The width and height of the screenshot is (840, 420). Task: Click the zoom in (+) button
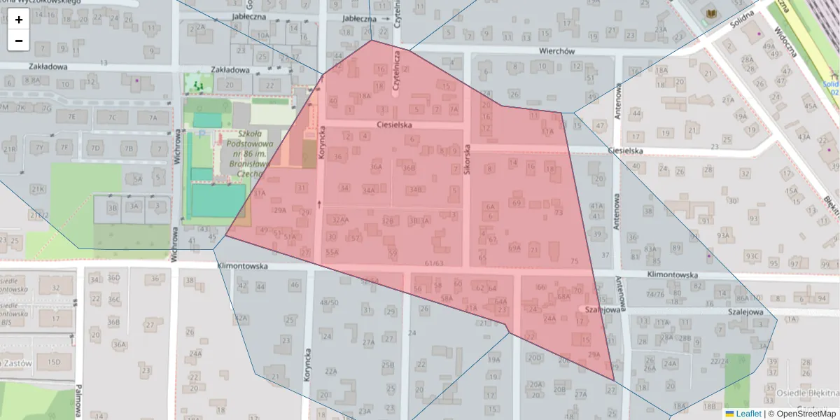click(19, 20)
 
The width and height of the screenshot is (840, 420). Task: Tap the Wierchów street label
click(556, 51)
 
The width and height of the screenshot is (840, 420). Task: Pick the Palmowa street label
click(80, 399)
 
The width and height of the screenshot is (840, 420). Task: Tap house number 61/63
click(434, 263)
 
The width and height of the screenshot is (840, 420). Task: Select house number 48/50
click(328, 302)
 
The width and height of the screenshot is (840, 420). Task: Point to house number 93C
click(752, 255)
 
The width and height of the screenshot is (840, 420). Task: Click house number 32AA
click(340, 220)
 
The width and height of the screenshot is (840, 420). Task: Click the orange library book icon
click(712, 14)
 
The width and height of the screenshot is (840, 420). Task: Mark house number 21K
click(37, 189)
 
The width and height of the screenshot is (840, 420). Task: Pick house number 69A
click(514, 247)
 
